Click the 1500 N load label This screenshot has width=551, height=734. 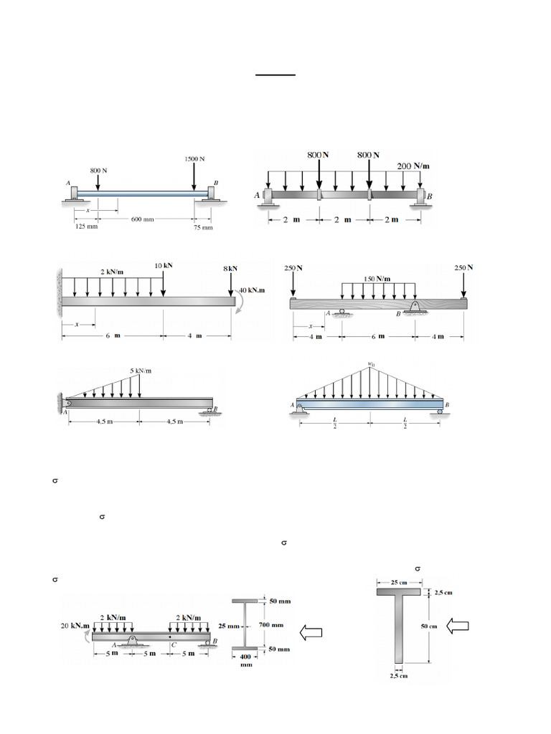click(x=194, y=158)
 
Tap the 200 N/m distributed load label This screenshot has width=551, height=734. click(x=415, y=166)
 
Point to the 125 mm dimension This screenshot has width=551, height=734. click(x=85, y=227)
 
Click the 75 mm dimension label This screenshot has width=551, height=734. click(x=203, y=227)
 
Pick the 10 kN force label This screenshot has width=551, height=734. click(x=164, y=265)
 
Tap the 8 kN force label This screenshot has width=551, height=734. click(x=230, y=269)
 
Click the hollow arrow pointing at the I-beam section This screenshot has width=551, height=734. click(x=311, y=631)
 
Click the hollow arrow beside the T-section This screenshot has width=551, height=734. click(x=457, y=626)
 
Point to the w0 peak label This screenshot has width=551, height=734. click(x=371, y=364)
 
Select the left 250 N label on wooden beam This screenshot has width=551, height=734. click(x=293, y=267)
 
